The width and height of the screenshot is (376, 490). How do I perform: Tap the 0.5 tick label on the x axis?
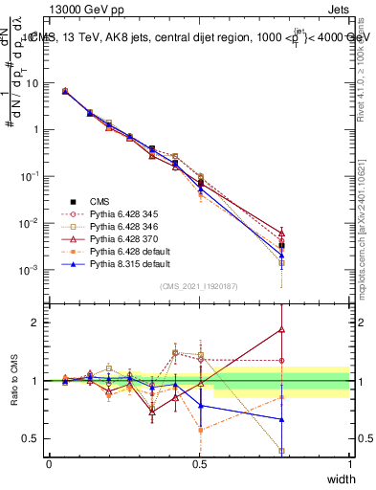tap(199, 463)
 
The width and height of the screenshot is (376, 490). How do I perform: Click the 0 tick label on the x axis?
tap(49, 463)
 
